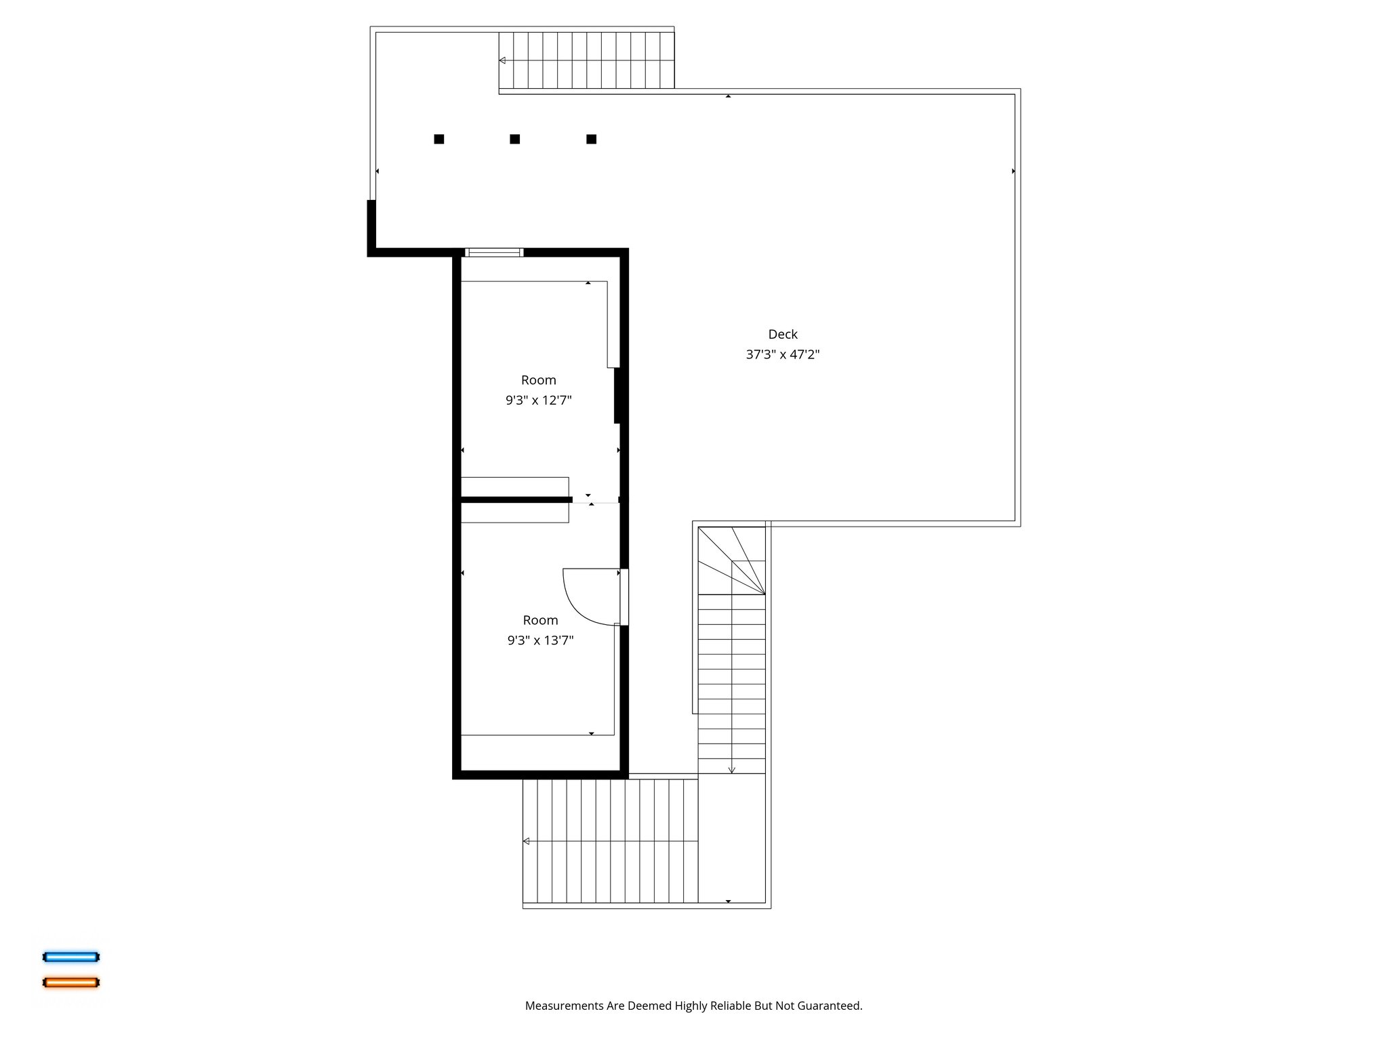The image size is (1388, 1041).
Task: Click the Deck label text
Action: click(x=783, y=334)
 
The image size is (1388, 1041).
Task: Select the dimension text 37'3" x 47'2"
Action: click(x=783, y=354)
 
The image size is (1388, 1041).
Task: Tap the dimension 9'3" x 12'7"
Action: click(x=538, y=401)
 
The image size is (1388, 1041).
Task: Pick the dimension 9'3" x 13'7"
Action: click(x=540, y=640)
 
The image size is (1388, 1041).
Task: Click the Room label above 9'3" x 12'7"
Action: click(x=538, y=380)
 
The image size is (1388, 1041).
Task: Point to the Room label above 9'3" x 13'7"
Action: click(x=540, y=620)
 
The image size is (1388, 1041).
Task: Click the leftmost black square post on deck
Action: click(x=439, y=139)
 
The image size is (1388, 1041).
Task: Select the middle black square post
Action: click(x=515, y=139)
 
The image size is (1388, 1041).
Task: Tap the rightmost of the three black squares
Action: click(x=591, y=139)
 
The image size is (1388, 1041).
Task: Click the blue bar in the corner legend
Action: click(x=71, y=957)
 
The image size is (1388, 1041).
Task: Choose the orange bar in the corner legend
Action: click(x=71, y=982)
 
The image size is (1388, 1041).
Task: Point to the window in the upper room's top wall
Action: click(x=494, y=253)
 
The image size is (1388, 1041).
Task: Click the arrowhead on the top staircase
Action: click(x=502, y=60)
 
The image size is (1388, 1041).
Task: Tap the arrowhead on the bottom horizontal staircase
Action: click(x=526, y=841)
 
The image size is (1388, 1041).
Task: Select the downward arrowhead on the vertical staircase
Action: click(x=731, y=770)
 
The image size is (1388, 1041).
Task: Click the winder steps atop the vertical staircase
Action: click(x=732, y=561)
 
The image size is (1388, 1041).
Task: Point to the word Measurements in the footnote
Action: click(x=564, y=1006)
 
